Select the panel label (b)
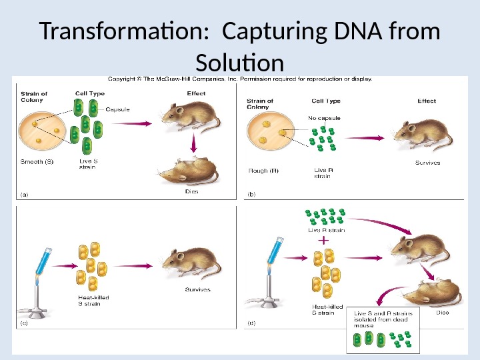click(252, 194)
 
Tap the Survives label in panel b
click(427, 163)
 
